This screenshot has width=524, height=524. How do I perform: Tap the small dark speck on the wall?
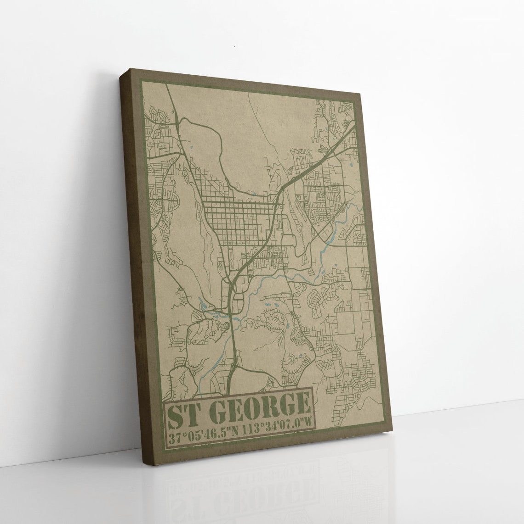pos(234,46)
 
